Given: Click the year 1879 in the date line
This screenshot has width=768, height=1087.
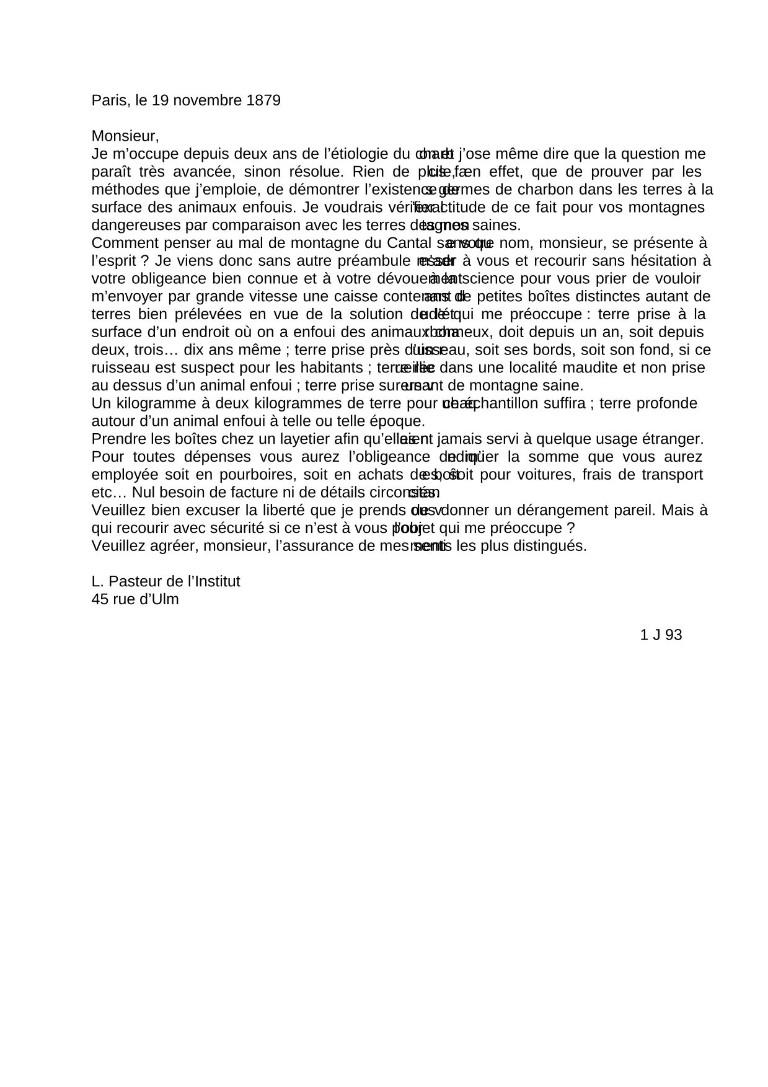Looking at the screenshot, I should [x=263, y=100].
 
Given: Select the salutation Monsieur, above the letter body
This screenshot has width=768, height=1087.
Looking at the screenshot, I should [x=125, y=136].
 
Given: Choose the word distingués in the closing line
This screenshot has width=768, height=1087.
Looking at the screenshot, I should [x=552, y=547].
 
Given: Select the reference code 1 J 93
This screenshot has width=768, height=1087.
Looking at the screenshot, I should [x=661, y=635].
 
